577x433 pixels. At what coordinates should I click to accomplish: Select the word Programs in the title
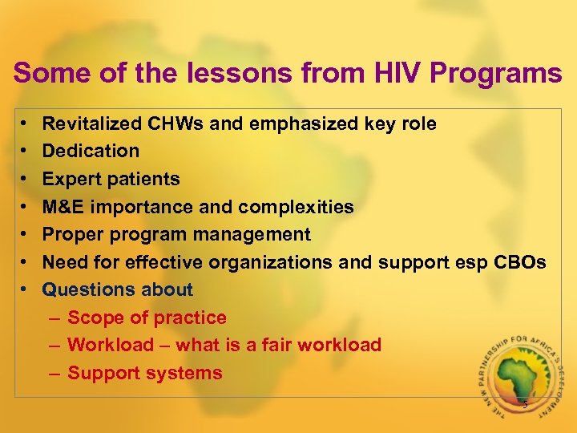pos(496,74)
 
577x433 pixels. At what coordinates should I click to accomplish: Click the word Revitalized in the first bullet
pos(92,123)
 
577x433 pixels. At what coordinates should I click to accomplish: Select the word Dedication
pos(91,151)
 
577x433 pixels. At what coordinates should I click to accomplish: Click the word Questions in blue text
pos(85,289)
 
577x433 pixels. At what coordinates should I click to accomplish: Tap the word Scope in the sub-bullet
pos(95,318)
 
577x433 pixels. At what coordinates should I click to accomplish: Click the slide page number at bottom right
pos(525,405)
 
